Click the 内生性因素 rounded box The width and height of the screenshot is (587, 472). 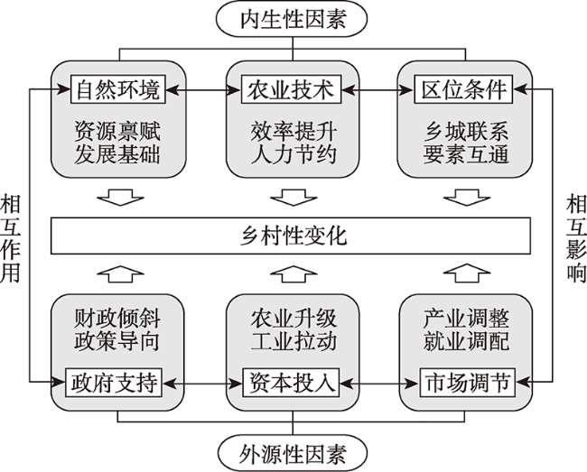(293, 19)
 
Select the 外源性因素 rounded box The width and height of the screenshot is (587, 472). (293, 452)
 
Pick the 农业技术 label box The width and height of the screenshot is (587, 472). (291, 90)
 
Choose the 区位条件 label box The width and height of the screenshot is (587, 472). (464, 90)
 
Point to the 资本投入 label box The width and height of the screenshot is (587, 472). (291, 382)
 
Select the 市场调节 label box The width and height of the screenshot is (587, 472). (464, 382)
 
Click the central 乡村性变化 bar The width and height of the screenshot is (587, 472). (291, 236)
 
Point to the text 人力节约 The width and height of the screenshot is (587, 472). (291, 153)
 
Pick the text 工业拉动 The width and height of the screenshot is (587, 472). (291, 344)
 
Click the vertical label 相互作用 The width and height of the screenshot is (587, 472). (11, 236)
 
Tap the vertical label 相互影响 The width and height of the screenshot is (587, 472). (576, 236)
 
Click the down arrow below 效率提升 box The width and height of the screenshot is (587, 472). (291, 197)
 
